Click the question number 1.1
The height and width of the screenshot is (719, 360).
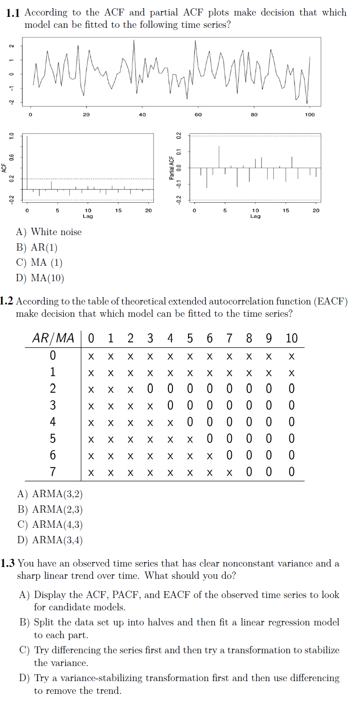13,13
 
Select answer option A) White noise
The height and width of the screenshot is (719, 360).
49,232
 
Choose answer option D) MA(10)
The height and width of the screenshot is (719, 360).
40,278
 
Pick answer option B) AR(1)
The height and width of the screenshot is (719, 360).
37,247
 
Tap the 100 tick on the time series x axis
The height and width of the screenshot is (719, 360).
310,115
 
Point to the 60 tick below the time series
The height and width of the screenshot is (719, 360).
198,115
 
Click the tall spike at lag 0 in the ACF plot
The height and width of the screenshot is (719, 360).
27,162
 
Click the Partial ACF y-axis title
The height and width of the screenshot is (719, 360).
172,168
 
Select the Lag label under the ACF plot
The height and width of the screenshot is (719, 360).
88,216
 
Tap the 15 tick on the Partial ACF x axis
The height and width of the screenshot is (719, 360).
286,210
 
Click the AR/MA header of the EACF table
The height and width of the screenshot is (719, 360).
53,338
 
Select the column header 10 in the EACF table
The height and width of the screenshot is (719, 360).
292,338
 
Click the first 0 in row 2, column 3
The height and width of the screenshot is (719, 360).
150,388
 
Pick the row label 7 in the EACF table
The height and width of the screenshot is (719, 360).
53,472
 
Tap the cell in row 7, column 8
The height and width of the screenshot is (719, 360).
249,472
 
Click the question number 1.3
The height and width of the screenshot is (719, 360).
8,563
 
